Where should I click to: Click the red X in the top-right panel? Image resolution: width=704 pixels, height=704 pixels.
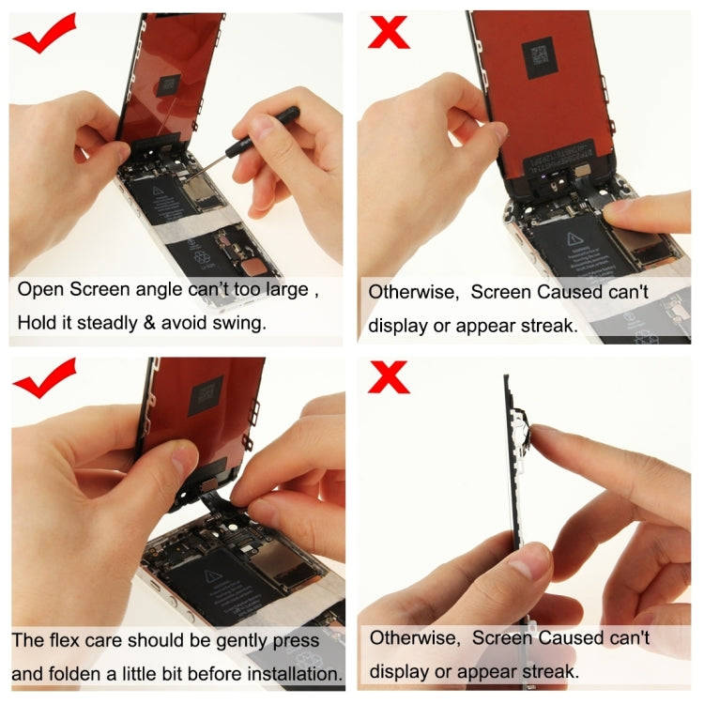(389, 33)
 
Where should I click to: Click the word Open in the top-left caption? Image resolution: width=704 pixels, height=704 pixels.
(40, 290)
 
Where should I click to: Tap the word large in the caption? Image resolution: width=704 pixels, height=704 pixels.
(284, 290)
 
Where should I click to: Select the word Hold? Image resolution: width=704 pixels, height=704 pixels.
(38, 324)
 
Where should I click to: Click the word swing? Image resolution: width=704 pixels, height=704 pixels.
(241, 324)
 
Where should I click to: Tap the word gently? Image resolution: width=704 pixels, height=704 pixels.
(239, 641)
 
